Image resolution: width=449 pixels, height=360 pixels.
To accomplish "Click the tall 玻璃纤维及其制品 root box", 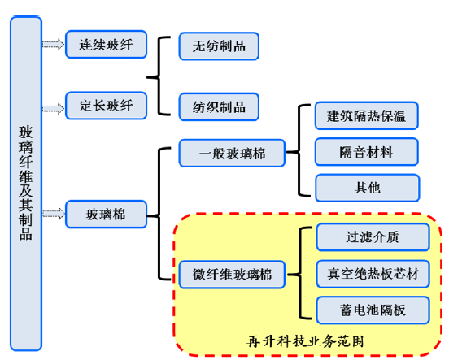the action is pyautogui.click(x=26, y=183).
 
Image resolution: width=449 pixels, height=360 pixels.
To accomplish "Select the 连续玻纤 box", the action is pyautogui.click(x=107, y=45).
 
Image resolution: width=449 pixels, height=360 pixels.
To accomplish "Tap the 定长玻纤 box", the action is pyautogui.click(x=107, y=106).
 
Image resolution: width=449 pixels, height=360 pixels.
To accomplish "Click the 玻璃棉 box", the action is pyautogui.click(x=107, y=215).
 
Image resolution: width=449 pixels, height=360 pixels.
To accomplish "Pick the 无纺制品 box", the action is pyautogui.click(x=219, y=46).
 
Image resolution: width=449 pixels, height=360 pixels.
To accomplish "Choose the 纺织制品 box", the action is pyautogui.click(x=219, y=106).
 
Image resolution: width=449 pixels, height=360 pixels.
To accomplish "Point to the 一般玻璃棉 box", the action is pyautogui.click(x=232, y=153).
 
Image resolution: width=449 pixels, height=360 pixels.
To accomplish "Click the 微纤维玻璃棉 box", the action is pyautogui.click(x=232, y=275).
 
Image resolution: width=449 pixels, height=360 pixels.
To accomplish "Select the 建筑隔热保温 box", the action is pyautogui.click(x=367, y=115).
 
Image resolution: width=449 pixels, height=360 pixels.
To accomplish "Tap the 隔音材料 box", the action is pyautogui.click(x=367, y=152).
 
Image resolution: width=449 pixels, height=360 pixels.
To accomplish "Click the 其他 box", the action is pyautogui.click(x=368, y=188).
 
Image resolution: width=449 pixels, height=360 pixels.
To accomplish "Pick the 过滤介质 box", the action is pyautogui.click(x=373, y=237).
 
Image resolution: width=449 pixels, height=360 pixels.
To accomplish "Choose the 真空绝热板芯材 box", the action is pyautogui.click(x=373, y=274).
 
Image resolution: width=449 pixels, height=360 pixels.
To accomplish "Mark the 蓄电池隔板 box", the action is pyautogui.click(x=373, y=310).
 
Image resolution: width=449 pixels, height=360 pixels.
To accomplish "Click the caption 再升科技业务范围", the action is pyautogui.click(x=305, y=341).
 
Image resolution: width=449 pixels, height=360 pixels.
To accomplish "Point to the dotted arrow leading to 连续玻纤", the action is pyautogui.click(x=53, y=45).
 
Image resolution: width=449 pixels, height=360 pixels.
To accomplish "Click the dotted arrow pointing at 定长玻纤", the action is pyautogui.click(x=53, y=109).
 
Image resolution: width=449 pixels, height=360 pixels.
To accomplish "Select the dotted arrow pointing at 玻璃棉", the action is pyautogui.click(x=53, y=214).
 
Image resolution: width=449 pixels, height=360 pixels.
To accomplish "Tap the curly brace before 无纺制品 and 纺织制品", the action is pyautogui.click(x=159, y=76).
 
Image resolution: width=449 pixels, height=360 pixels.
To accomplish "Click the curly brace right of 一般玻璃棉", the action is pyautogui.click(x=299, y=151).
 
